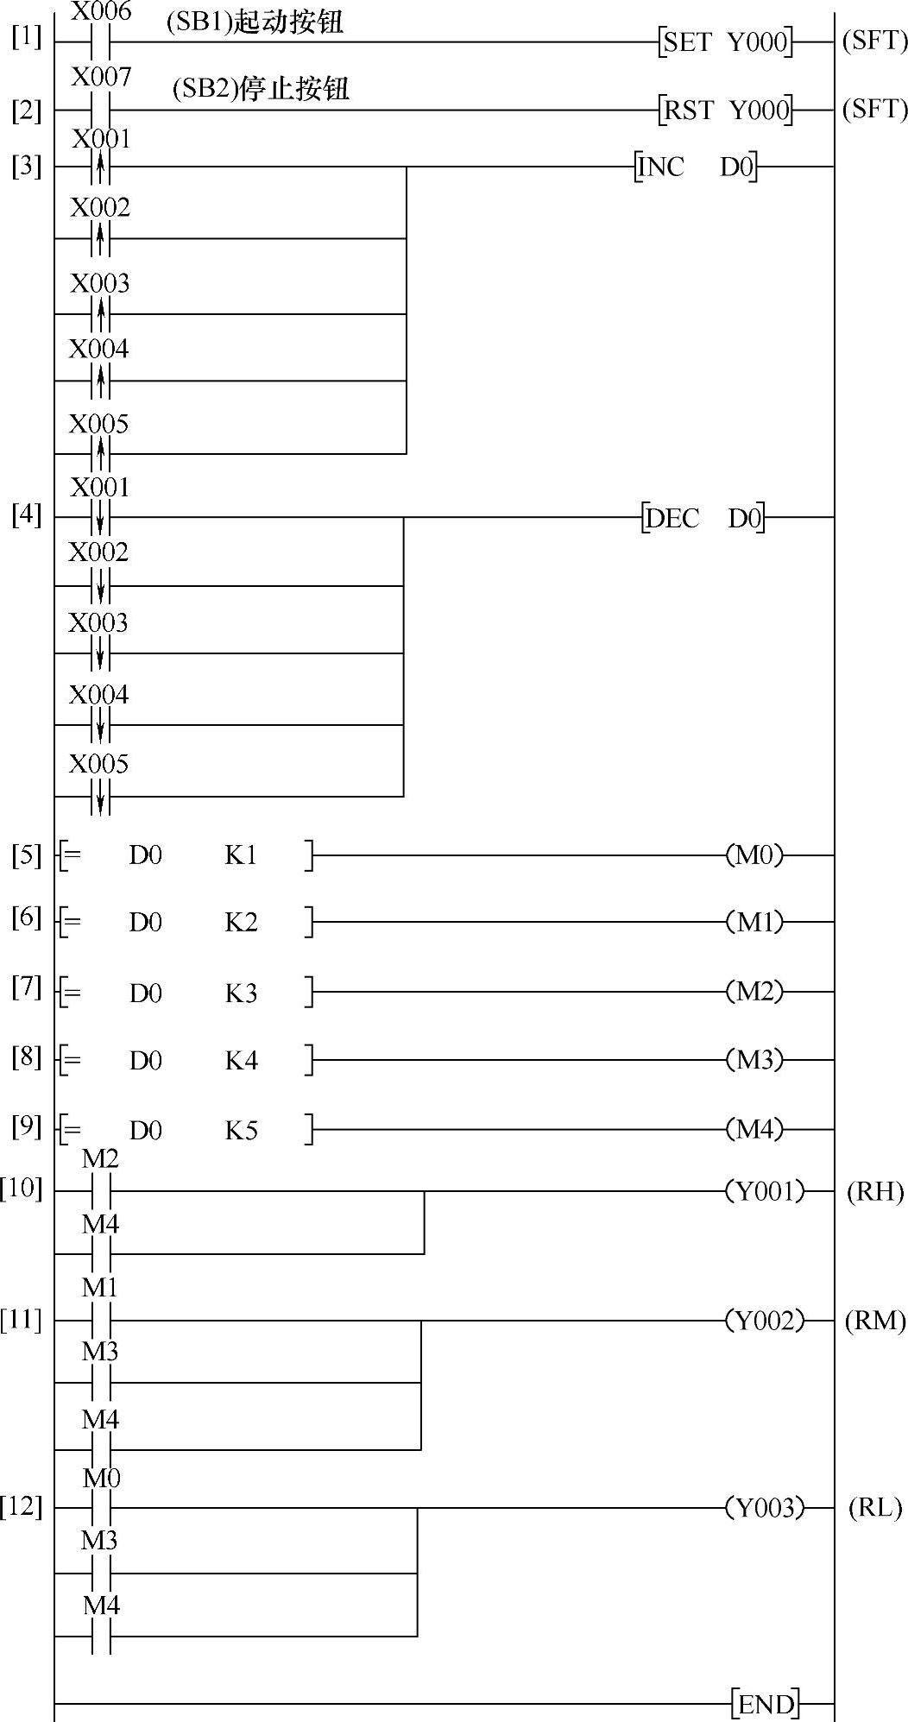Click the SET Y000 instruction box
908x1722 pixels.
(726, 41)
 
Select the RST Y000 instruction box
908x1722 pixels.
(726, 110)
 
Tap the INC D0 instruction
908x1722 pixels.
(697, 167)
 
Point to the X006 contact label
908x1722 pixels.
(101, 11)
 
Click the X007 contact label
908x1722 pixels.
(101, 77)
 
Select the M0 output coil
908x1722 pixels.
(754, 855)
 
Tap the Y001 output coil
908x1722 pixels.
(765, 1191)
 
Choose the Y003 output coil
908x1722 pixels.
(765, 1508)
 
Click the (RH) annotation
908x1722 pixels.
(874, 1192)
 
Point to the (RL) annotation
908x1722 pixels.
(874, 1508)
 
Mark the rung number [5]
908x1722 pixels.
(26, 855)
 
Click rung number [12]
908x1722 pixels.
(22, 1507)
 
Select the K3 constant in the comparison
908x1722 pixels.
(242, 993)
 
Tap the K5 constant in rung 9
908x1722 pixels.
(242, 1131)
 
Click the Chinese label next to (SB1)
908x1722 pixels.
(289, 22)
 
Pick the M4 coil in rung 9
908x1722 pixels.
(754, 1129)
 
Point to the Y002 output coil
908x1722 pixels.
(765, 1321)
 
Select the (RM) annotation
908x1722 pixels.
(874, 1321)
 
